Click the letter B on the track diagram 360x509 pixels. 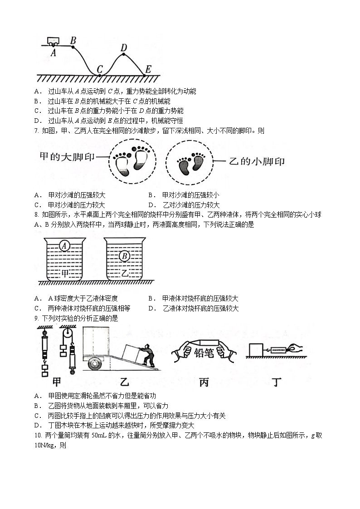[x=73, y=40]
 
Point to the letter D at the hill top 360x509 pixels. [x=124, y=48]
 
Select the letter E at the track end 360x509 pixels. [x=147, y=70]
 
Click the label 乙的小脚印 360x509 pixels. [x=255, y=161]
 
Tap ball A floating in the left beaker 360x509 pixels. [x=64, y=246]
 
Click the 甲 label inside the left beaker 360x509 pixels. [x=65, y=273]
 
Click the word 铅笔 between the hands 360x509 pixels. [x=204, y=353]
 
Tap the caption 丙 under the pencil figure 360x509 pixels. [x=204, y=382]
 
